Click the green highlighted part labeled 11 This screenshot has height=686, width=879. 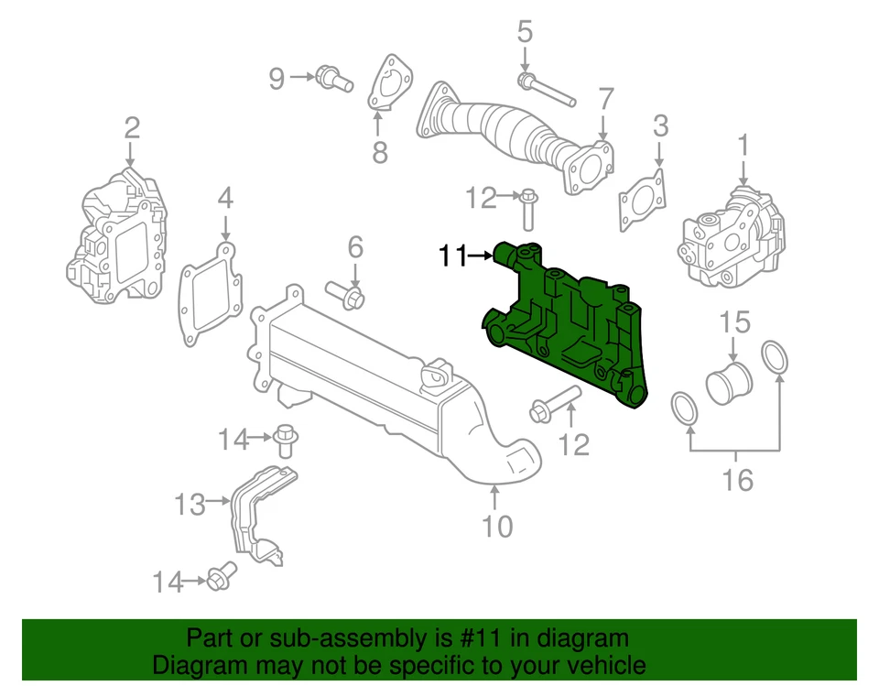(568, 330)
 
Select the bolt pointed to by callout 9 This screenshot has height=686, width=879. (333, 80)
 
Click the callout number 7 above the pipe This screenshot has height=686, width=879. (605, 98)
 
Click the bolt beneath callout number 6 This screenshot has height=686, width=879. (348, 296)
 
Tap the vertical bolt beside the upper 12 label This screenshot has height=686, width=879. (527, 208)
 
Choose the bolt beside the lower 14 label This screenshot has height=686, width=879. (218, 579)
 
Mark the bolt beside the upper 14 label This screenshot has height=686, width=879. (285, 441)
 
